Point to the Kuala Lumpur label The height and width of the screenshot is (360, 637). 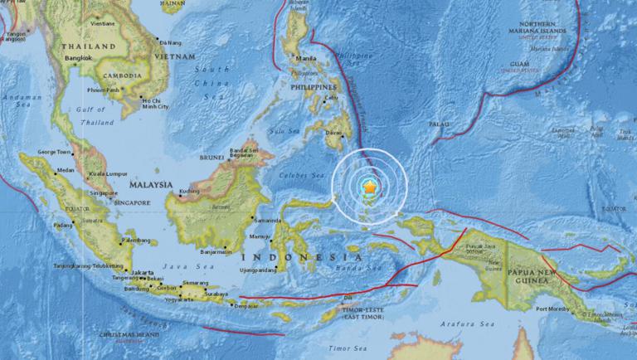click(108, 175)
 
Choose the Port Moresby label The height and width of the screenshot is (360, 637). click(553, 309)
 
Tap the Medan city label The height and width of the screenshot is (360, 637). click(65, 171)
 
